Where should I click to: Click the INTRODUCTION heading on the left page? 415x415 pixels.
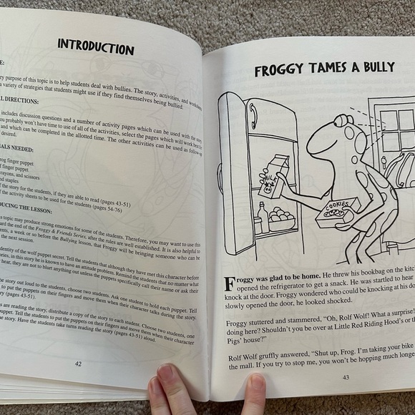pos(96,48)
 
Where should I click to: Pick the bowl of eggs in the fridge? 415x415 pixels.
pos(280,215)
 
